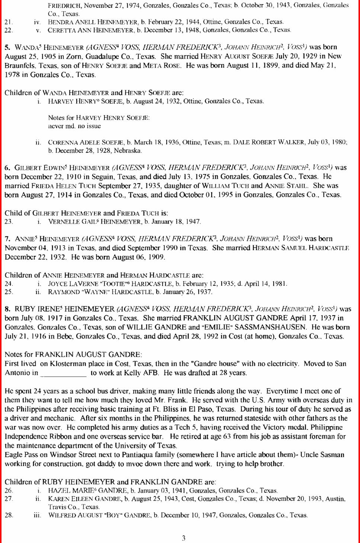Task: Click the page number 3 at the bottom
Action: pos(184,538)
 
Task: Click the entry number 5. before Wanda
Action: pos(7,47)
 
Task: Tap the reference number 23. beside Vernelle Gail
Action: pos(9,222)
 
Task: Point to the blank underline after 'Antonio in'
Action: pos(64,374)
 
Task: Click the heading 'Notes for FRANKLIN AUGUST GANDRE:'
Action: pos(73,355)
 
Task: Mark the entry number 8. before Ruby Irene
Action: pos(7,309)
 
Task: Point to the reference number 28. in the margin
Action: pos(9,515)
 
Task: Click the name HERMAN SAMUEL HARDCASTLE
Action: pos(300,248)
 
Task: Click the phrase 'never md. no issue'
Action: pos(74,126)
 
